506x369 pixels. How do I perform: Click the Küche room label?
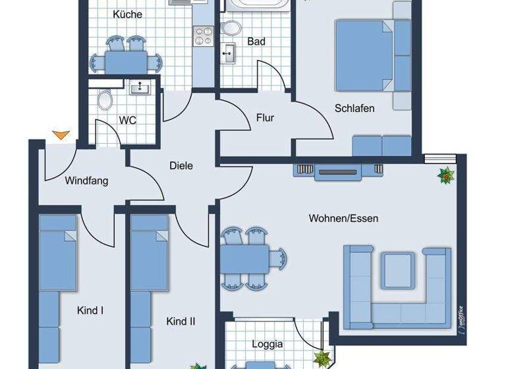(127, 14)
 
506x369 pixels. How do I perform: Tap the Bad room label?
(256, 42)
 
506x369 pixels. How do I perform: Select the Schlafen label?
(354, 108)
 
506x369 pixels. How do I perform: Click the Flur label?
(265, 118)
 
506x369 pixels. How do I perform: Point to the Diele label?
(181, 166)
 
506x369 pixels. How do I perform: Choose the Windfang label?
(86, 181)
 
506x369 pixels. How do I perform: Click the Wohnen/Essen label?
(343, 218)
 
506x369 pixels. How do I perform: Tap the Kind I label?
(90, 310)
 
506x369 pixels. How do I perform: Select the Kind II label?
(180, 322)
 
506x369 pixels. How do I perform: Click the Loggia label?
(267, 343)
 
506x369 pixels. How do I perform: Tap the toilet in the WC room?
(104, 100)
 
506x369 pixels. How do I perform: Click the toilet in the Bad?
(231, 29)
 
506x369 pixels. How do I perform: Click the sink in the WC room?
(139, 87)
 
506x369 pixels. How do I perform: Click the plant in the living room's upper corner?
(447, 175)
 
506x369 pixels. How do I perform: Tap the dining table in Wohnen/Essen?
(245, 256)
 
